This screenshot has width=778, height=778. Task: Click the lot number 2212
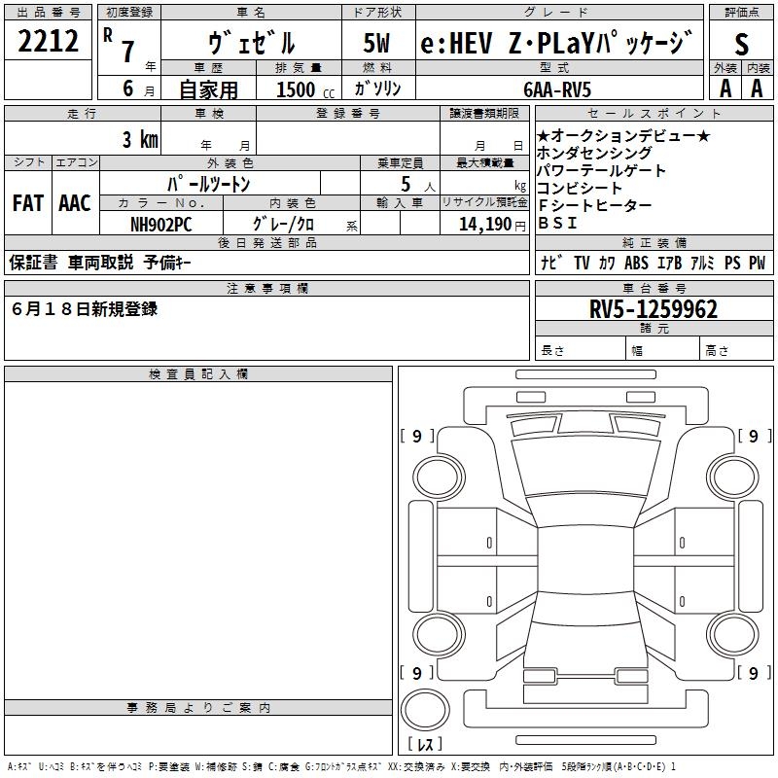pos(48,41)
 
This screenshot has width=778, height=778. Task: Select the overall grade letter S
pos(741,44)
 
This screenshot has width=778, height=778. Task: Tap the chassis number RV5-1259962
pos(654,309)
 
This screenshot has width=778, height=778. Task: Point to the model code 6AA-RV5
pos(557,89)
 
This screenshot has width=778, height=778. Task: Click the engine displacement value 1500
pos(296,89)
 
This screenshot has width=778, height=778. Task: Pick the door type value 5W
pos(376,43)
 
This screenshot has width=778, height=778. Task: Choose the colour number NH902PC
pos(160,225)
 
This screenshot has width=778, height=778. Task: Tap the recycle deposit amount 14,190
pos(485,225)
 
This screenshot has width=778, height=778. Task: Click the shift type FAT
pos(28,203)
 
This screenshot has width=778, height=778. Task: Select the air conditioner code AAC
pos(75,203)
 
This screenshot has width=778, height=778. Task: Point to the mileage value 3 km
pos(140,139)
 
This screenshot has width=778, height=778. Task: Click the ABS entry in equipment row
pos(636,263)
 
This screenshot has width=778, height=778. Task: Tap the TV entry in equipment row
pos(582,263)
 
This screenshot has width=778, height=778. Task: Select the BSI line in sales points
pos(557,224)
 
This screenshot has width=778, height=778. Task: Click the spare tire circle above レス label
pos(425,709)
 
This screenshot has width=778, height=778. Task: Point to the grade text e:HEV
pos(456,43)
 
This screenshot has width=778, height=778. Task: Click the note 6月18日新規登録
pos(85,308)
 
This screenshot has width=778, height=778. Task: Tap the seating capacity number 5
pos(406,184)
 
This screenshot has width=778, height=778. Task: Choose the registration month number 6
pos(128,88)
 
